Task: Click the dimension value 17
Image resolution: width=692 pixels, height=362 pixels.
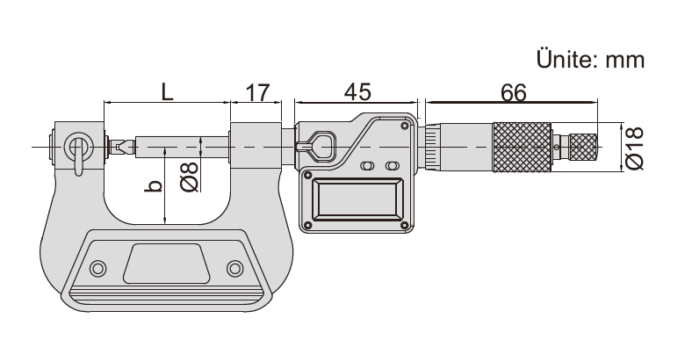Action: coord(256,92)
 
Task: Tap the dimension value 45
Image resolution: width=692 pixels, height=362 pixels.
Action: coord(357,92)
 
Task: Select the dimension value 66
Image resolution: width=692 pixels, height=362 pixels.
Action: coord(514,93)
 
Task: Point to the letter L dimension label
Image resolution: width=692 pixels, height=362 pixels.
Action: coord(167,92)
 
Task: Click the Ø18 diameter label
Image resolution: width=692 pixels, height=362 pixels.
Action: coord(635,148)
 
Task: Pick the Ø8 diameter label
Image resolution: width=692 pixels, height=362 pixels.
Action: coord(190,177)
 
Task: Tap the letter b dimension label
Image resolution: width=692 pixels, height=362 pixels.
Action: coord(153,185)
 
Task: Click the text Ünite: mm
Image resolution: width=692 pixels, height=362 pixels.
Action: coord(590,59)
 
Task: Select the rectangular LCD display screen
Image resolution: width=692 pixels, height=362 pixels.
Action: coord(358,199)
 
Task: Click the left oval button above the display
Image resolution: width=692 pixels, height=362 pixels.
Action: coord(367,165)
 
